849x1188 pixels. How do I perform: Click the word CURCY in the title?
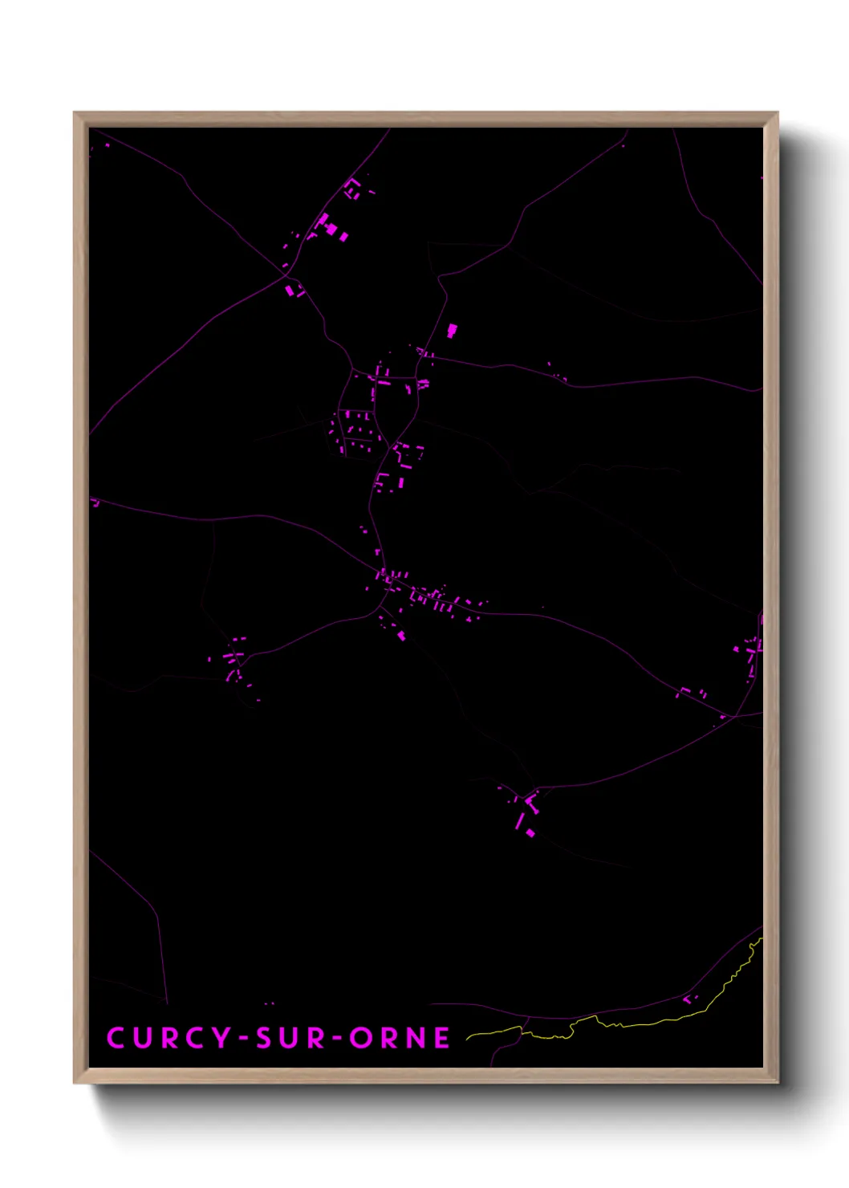[169, 1038]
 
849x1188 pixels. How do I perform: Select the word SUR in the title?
[290, 1038]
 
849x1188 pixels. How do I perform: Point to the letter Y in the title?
[221, 1038]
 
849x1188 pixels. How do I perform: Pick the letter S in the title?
[264, 1038]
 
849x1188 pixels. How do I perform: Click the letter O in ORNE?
[360, 1038]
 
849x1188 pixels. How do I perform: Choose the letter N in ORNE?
[416, 1038]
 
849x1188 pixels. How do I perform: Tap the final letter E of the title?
[442, 1038]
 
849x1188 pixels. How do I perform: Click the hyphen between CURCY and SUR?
[242, 1039]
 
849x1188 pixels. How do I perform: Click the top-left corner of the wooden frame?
[75, 113]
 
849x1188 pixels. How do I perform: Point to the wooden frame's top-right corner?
[777, 113]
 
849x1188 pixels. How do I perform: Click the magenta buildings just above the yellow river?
[689, 999]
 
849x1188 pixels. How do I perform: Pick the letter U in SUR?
[290, 1038]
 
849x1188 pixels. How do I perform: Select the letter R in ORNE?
[388, 1038]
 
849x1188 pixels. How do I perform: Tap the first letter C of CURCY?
[116, 1038]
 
